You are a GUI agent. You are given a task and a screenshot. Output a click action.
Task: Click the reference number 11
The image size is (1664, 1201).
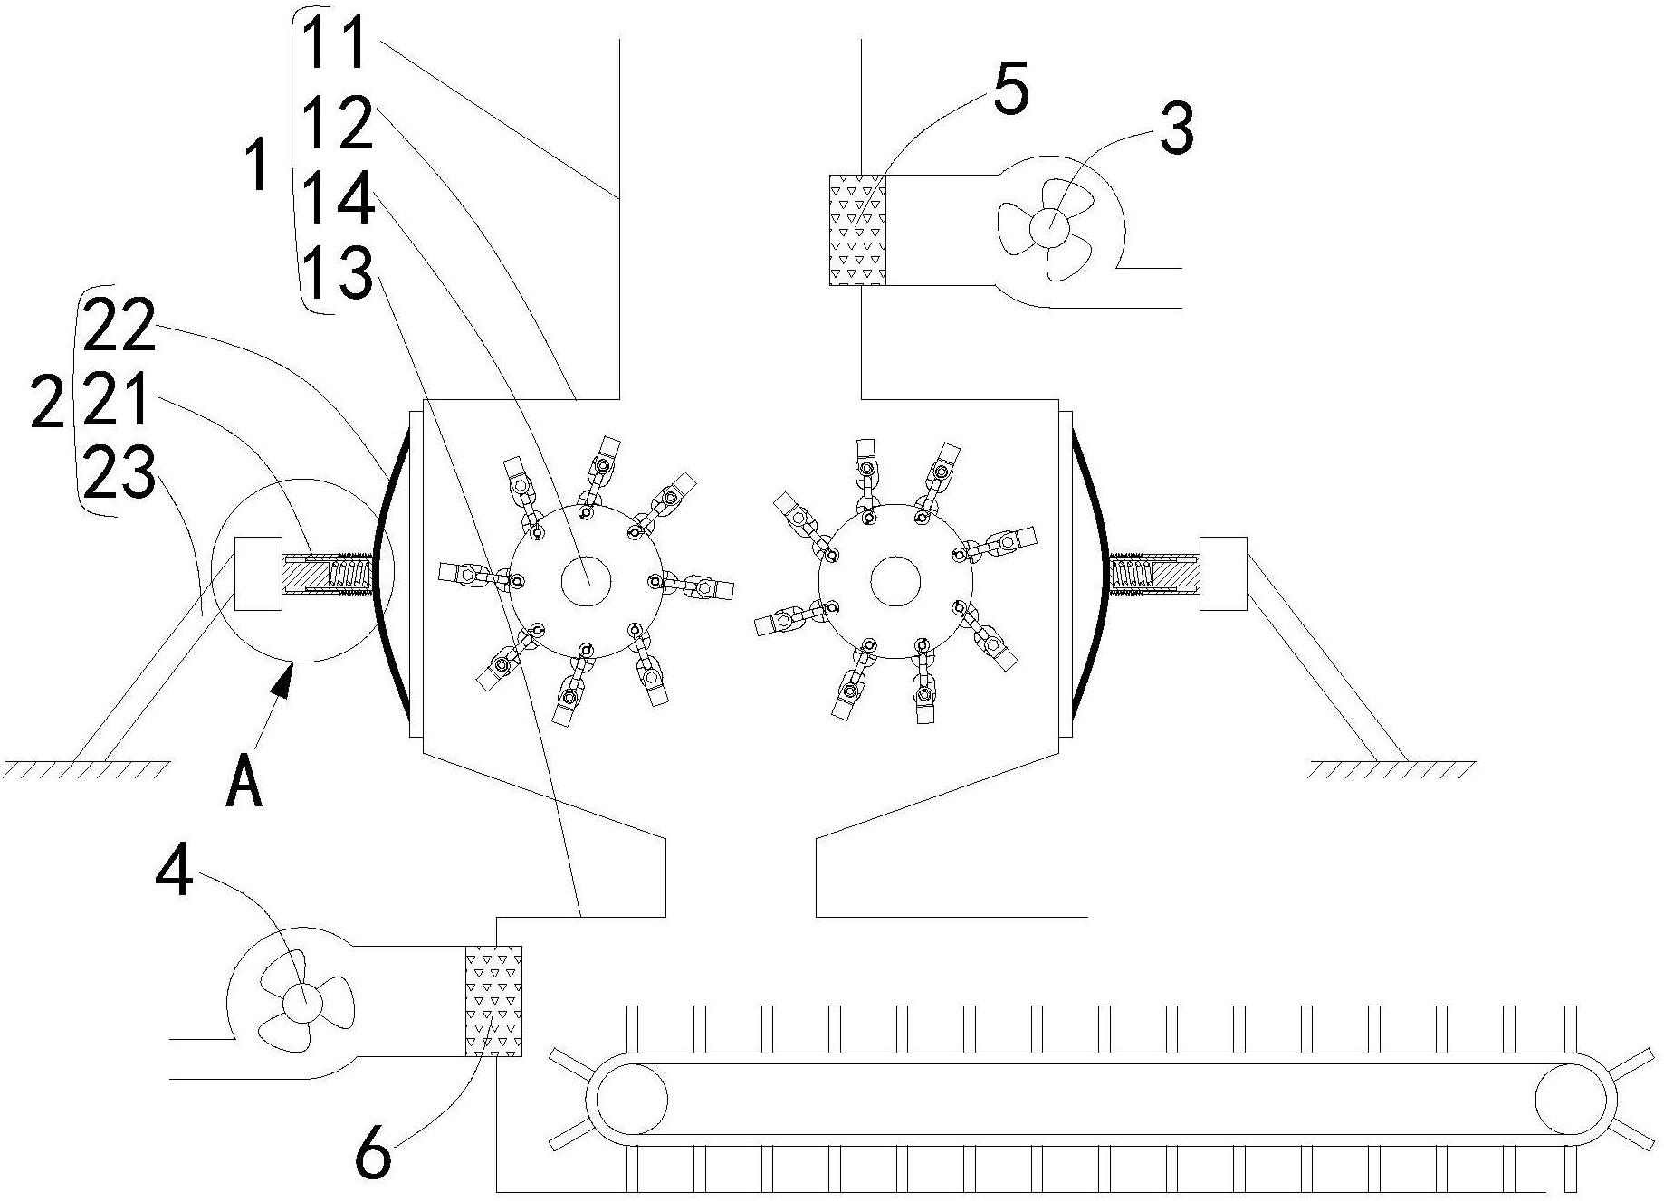coord(334,43)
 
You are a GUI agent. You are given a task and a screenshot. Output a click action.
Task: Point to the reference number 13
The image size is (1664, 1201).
coord(336,273)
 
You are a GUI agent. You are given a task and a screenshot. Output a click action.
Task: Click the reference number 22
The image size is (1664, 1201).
coord(119,327)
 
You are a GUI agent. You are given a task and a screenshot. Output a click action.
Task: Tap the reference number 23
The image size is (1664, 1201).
coord(119,474)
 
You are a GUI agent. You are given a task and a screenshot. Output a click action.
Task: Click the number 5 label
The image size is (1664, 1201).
coord(1010,91)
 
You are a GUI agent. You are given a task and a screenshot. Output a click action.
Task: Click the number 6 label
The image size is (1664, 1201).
coord(373,1153)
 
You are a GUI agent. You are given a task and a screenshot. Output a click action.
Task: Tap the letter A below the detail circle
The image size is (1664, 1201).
coord(244,782)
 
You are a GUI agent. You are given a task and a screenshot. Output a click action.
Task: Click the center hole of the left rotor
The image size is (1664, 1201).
coord(586,580)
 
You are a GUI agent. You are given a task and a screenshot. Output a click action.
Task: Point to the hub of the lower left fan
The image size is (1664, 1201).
coord(301,1002)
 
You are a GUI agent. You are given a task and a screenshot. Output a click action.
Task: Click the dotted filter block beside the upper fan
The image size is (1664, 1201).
coord(857,230)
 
